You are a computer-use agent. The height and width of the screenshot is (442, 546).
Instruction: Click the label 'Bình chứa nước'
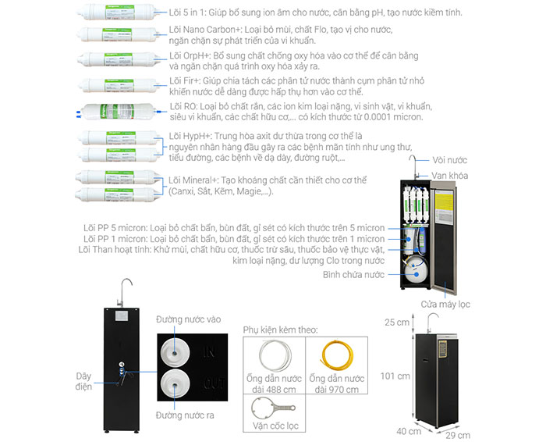353,274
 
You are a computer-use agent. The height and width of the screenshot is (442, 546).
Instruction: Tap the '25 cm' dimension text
396,321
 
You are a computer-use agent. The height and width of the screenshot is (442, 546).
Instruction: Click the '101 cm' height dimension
393,376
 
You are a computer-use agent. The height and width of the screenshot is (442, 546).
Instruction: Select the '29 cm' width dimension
459,434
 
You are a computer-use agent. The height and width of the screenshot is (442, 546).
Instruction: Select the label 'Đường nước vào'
188,319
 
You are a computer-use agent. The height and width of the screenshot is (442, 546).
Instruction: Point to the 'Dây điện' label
83,380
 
